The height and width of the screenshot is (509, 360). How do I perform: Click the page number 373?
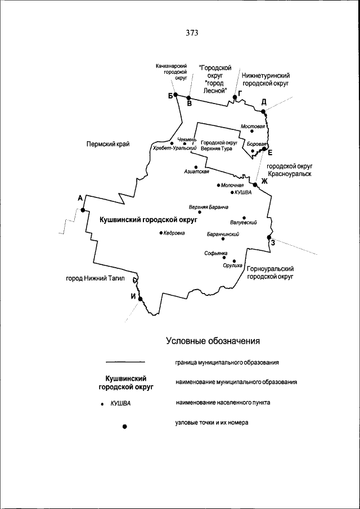click(x=192, y=33)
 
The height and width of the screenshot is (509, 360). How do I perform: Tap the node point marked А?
click(x=83, y=210)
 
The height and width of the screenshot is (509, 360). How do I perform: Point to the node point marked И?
click(x=141, y=299)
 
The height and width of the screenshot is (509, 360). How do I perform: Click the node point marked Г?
click(x=235, y=97)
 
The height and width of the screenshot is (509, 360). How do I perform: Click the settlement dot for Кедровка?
click(x=160, y=232)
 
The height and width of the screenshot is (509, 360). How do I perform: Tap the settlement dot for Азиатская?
click(x=195, y=166)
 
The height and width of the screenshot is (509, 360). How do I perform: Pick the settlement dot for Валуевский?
click(x=244, y=218)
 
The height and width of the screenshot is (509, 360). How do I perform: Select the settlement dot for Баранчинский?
click(x=223, y=239)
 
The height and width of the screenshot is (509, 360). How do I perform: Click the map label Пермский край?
click(x=108, y=144)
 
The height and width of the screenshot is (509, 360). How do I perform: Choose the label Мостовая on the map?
click(x=253, y=127)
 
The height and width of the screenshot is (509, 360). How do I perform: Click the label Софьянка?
click(x=216, y=253)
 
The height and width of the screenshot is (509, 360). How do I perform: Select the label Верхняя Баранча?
click(x=208, y=207)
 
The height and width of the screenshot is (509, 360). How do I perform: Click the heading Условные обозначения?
click(x=213, y=341)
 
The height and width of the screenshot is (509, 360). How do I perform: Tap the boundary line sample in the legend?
click(x=125, y=362)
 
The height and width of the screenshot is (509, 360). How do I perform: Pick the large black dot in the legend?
click(x=125, y=426)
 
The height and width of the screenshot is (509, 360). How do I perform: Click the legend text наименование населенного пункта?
click(x=223, y=403)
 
